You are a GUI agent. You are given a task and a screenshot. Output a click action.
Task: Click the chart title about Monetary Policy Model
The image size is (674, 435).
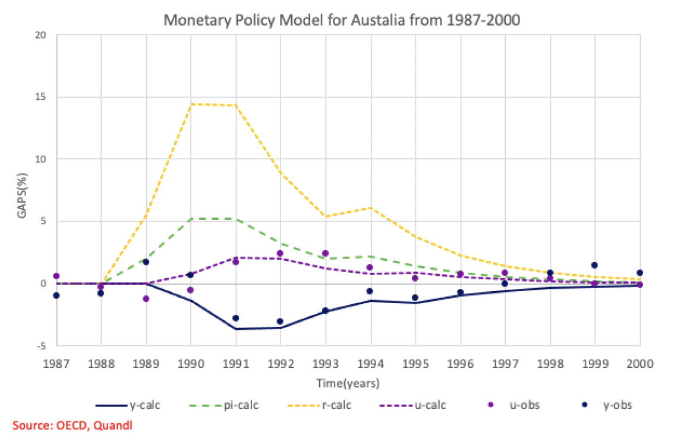pos(342,20)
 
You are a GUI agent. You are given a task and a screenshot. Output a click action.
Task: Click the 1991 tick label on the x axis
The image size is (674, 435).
pos(236,362)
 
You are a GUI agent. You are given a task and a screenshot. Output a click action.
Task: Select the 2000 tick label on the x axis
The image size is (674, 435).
pos(640,362)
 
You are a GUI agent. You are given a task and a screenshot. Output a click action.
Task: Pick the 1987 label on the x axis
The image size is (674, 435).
pos(56,362)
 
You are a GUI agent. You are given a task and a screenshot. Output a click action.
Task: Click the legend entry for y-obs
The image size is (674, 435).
pos(616,405)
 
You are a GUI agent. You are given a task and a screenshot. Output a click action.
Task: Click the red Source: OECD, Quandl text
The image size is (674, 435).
pos(72,425)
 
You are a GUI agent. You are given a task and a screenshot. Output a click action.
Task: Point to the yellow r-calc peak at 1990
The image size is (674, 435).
pos(191,104)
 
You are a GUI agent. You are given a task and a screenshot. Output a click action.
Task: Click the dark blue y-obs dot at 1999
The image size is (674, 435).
pos(594,265)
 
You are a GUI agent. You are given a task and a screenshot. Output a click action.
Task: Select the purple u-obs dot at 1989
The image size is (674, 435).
pos(146,298)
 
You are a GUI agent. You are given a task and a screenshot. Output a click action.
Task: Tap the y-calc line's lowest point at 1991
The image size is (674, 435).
pos(236,329)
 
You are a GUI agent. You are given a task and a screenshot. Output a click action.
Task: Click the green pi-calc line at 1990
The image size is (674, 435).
pos(191,219)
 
